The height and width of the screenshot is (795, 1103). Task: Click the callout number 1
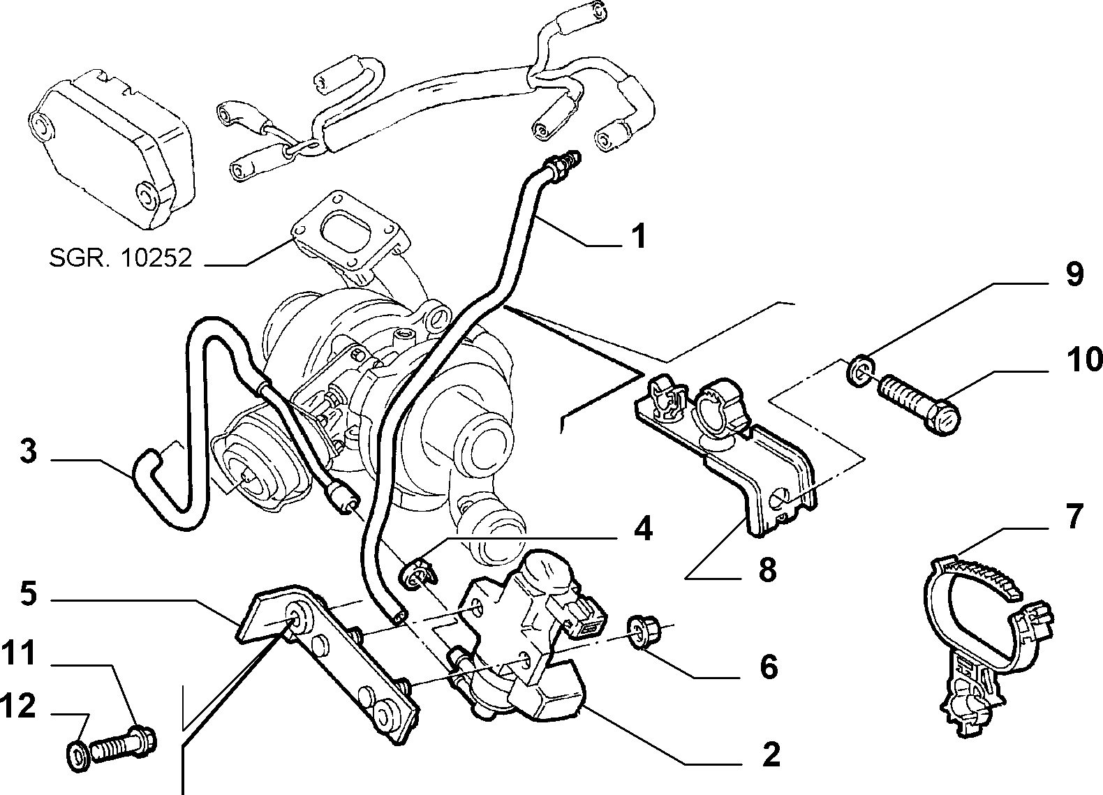click(x=639, y=237)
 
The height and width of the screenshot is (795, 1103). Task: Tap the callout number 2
click(x=771, y=754)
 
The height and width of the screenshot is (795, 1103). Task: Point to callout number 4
click(x=642, y=528)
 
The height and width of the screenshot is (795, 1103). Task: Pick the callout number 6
click(x=769, y=667)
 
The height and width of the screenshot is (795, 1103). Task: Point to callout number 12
click(x=17, y=706)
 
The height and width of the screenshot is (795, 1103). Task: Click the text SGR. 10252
click(x=121, y=258)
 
